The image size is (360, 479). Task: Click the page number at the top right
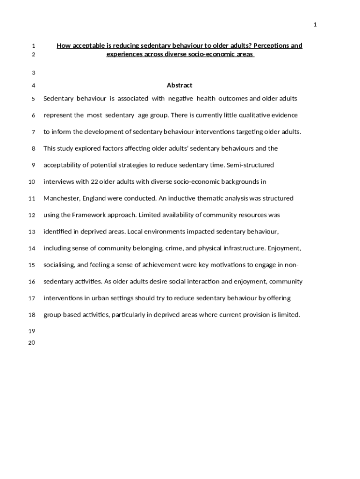coord(315,25)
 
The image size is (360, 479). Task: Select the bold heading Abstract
coord(180,85)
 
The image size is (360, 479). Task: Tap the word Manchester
coord(62,198)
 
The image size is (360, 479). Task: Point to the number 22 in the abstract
coord(94,181)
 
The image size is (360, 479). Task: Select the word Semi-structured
coord(251,165)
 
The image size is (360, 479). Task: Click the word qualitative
coord(256,115)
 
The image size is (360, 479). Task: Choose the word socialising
coord(59,265)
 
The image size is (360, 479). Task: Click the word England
coord(94,198)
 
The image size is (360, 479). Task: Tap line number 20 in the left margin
coord(32,343)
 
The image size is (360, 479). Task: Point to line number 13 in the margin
coord(32,232)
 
